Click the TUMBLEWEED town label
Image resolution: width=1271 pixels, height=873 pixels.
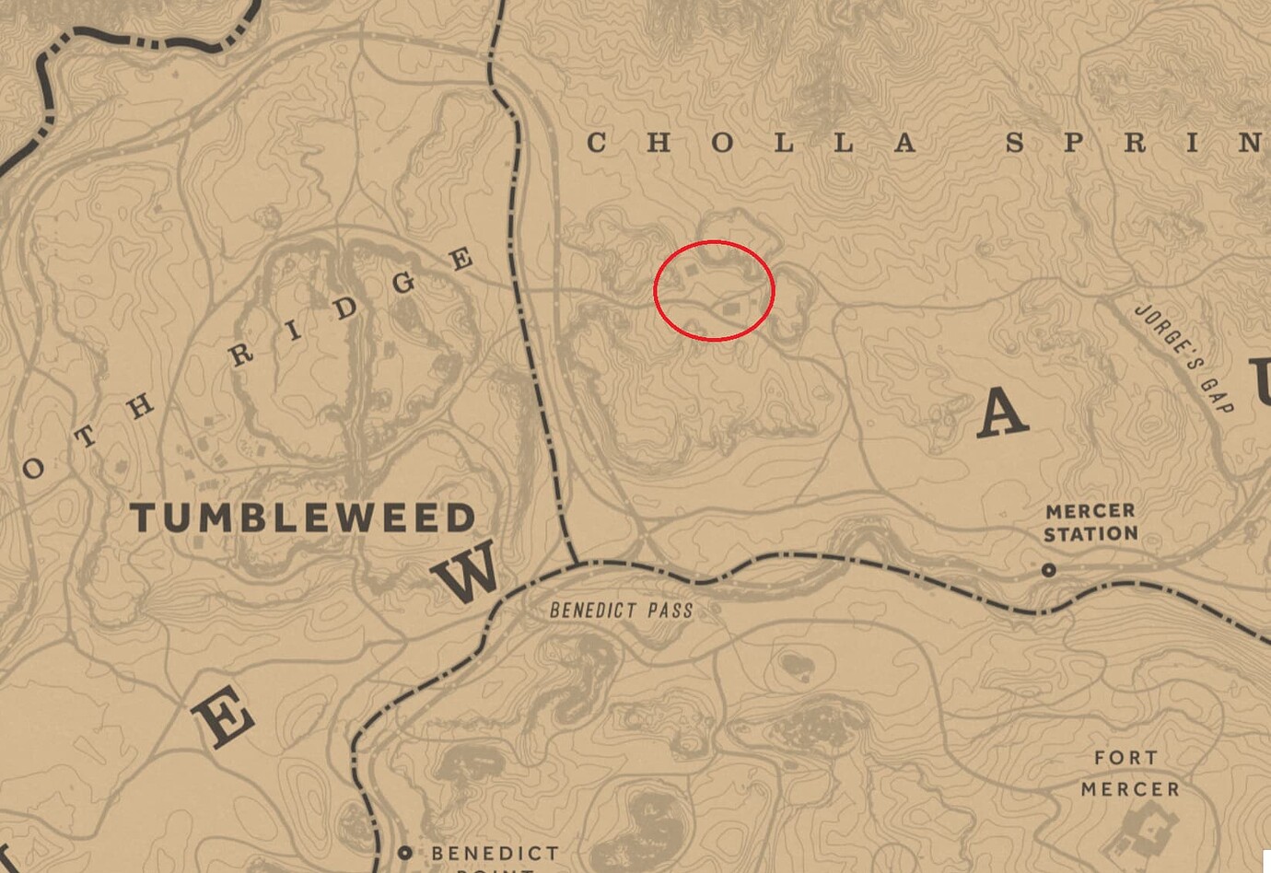coord(303,518)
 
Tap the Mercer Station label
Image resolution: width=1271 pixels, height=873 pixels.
coord(1091,522)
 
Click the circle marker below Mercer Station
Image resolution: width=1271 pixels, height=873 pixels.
coord(1048,571)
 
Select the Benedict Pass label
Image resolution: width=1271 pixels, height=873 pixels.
coord(621,610)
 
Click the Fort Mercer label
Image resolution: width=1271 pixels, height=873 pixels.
coord(1129,774)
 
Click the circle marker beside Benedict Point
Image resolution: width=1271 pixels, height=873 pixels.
coord(404,854)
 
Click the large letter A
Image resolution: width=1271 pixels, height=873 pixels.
coord(1001,412)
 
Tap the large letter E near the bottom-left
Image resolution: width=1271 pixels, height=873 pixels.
coord(221,719)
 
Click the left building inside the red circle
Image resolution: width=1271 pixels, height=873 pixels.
coord(690,273)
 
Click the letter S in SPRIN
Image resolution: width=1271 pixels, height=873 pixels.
coord(1015,143)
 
